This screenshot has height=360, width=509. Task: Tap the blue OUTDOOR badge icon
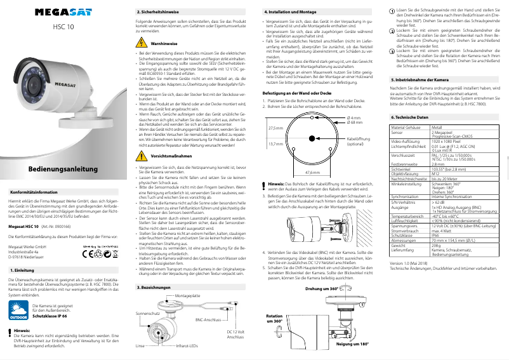tap(17, 310)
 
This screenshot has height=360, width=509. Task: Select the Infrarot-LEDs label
tap(187, 347)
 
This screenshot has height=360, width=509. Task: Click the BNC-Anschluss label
tap(208, 320)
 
